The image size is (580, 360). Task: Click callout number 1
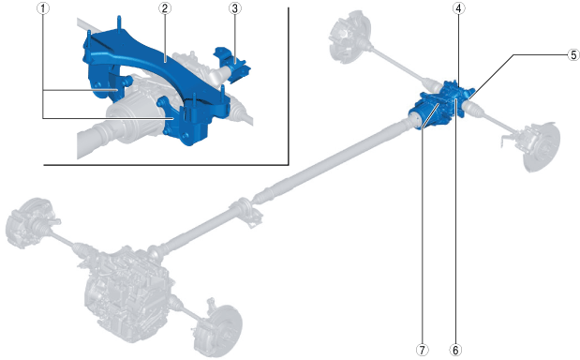43,8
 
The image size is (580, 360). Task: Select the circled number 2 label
165,8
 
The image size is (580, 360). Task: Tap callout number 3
235,8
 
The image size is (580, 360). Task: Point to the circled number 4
459,8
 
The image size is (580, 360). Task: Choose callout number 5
573,54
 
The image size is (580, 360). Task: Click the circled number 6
455,350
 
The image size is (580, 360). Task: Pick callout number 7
422,350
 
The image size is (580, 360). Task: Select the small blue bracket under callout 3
232,64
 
